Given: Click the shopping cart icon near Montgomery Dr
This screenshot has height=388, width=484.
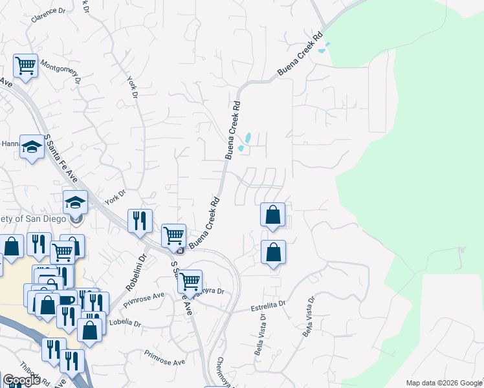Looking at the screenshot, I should pyautogui.click(x=25, y=66).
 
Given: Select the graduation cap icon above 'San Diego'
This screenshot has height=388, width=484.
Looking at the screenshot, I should pyautogui.click(x=75, y=202).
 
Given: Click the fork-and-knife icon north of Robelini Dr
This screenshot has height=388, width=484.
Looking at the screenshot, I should pyautogui.click(x=140, y=221).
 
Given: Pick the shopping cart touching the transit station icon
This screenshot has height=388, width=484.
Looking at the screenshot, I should pyautogui.click(x=174, y=236).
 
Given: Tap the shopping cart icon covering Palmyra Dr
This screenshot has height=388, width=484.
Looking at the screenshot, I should pyautogui.click(x=190, y=282).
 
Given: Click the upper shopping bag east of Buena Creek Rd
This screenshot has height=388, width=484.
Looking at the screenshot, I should pyautogui.click(x=273, y=215).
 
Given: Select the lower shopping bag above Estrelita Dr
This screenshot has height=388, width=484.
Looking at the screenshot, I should pyautogui.click(x=273, y=252).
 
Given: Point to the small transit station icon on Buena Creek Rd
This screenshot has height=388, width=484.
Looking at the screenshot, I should pyautogui.click(x=181, y=250).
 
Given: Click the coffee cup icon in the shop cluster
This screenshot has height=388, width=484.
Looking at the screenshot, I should pyautogui.click(x=67, y=301).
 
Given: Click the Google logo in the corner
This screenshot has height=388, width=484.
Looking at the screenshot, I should pyautogui.click(x=23, y=380).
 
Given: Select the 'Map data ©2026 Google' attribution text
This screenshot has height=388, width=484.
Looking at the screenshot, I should pyautogui.click(x=444, y=383).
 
